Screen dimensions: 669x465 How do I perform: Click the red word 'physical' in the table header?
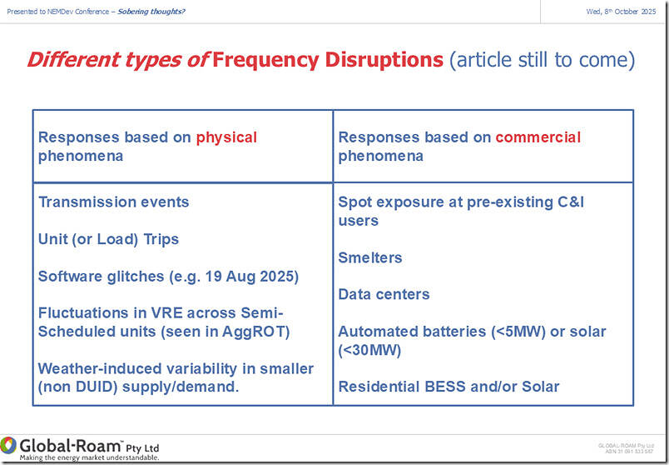pos(226,137)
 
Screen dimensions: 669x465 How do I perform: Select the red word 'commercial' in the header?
pos(538,137)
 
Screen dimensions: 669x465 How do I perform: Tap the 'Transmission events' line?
pos(113,202)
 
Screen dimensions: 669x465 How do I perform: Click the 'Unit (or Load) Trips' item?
pos(108,239)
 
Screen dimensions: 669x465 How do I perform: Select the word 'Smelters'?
pos(370,257)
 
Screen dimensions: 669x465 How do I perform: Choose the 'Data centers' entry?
pos(384,294)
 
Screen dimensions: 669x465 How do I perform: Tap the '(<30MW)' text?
pos(369,351)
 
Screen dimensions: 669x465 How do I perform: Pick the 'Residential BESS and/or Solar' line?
pos(448,387)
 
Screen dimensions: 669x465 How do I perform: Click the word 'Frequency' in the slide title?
pos(265,60)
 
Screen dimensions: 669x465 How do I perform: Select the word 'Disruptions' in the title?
pos(384,59)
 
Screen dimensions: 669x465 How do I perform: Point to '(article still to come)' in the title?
pos(542,60)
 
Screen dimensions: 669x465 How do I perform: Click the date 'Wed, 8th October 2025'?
pos(621,12)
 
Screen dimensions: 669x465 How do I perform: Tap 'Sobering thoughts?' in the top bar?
pos(151,12)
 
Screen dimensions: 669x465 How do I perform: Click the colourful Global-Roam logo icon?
pos(8,445)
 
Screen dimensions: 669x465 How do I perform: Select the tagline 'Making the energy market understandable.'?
pos(89,457)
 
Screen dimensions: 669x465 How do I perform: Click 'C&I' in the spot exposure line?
pos(571,202)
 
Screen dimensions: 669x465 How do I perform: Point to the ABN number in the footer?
pos(629,452)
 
